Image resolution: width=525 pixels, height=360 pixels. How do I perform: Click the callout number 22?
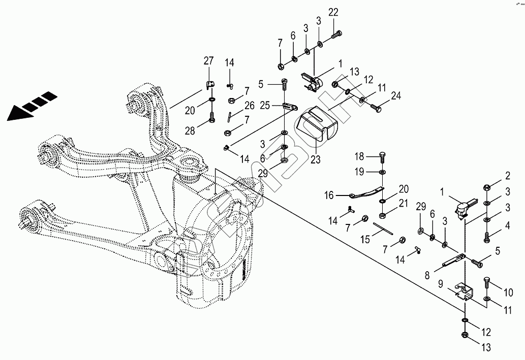tap(333, 12)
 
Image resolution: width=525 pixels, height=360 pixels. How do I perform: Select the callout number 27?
tap(209, 61)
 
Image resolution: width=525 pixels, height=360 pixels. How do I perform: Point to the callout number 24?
tap(396, 95)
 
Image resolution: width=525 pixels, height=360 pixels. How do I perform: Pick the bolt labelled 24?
tap(376, 107)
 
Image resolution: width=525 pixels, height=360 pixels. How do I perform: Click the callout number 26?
tap(249, 106)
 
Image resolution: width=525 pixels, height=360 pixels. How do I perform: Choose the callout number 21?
tap(403, 204)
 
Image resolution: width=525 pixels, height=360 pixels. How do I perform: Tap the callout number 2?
tap(507, 176)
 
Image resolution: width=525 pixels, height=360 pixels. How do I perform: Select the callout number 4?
tap(507, 226)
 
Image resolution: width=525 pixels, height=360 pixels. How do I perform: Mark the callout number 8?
tap(427, 274)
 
